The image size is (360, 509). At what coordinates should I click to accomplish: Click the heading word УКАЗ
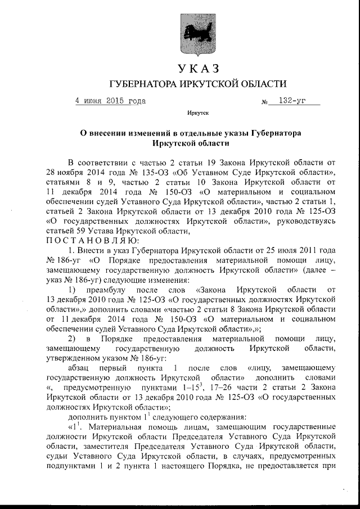(197, 69)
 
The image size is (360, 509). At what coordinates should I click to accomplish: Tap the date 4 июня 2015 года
(110, 101)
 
